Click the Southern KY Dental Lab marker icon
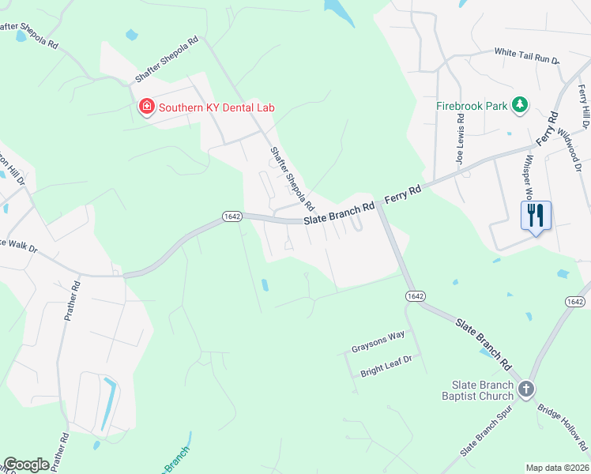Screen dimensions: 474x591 146,107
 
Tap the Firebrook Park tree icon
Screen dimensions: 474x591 519,104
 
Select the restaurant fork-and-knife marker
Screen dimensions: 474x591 536,216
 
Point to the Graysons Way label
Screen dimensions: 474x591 378,335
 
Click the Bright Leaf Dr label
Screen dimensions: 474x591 386,359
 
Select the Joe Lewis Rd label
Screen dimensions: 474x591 460,137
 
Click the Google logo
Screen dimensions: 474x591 26,465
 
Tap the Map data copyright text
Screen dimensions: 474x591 557,468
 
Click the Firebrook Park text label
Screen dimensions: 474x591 471,105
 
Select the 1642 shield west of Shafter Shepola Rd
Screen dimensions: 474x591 232,216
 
